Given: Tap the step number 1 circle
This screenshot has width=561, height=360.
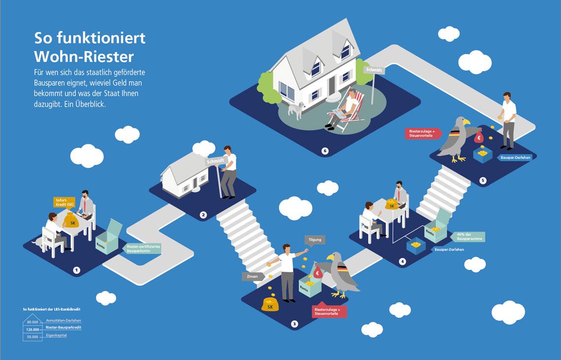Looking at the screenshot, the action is (x=76, y=270).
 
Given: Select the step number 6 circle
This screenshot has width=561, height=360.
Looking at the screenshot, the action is (x=325, y=151).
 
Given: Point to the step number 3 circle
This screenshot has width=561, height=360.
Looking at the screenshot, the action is (x=294, y=324).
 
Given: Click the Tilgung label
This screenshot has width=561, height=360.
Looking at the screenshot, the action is (x=315, y=240).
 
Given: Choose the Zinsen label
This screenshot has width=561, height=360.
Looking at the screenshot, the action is (x=249, y=277).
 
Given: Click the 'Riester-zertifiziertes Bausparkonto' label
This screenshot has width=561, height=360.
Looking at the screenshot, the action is (x=143, y=248).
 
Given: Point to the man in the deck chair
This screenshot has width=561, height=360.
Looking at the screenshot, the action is (x=346, y=109).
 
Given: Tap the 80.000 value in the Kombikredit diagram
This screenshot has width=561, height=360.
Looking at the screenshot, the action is (x=32, y=322).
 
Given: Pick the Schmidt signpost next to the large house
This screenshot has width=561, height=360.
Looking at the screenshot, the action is (x=374, y=70).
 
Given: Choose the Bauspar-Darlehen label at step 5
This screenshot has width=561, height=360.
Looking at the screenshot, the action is (x=515, y=158).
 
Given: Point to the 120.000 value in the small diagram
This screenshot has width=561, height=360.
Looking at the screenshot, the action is (x=32, y=328).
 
